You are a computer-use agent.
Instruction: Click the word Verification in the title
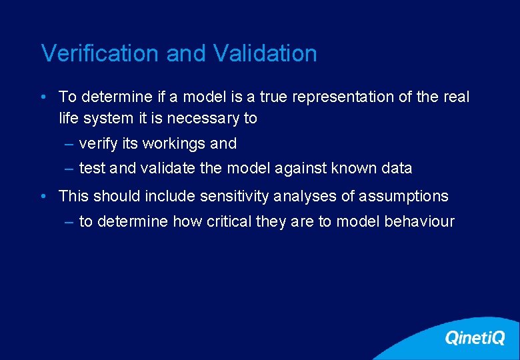coord(101,53)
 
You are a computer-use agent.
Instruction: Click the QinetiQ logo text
coord(475,338)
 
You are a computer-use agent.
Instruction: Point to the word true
coord(273,97)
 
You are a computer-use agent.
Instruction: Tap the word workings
coord(174,143)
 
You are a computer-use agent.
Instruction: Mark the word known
coord(355,168)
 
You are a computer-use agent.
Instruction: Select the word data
coord(397,168)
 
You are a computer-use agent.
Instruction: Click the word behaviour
coord(419,221)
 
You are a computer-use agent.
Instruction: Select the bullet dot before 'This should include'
coord(43,197)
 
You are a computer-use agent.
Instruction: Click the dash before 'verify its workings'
coord(69,144)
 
